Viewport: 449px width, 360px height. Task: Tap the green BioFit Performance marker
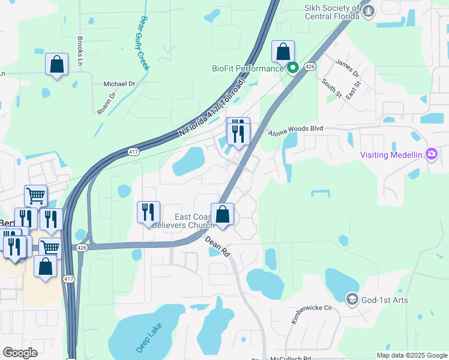click(x=292, y=68)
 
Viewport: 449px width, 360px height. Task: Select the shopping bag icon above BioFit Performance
click(x=283, y=52)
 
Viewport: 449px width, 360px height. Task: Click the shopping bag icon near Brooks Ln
click(x=56, y=65)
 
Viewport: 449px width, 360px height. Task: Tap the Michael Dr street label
click(x=119, y=84)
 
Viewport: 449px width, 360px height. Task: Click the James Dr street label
click(x=347, y=68)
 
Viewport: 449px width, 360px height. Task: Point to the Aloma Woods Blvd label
click(x=295, y=129)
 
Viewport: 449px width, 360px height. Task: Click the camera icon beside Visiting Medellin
click(x=431, y=154)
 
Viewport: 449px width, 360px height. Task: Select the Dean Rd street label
click(x=218, y=246)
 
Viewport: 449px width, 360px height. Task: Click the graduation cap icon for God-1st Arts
click(x=352, y=299)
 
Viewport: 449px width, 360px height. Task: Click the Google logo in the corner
click(x=20, y=352)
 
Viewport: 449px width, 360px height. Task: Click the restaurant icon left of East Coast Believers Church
click(x=148, y=212)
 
